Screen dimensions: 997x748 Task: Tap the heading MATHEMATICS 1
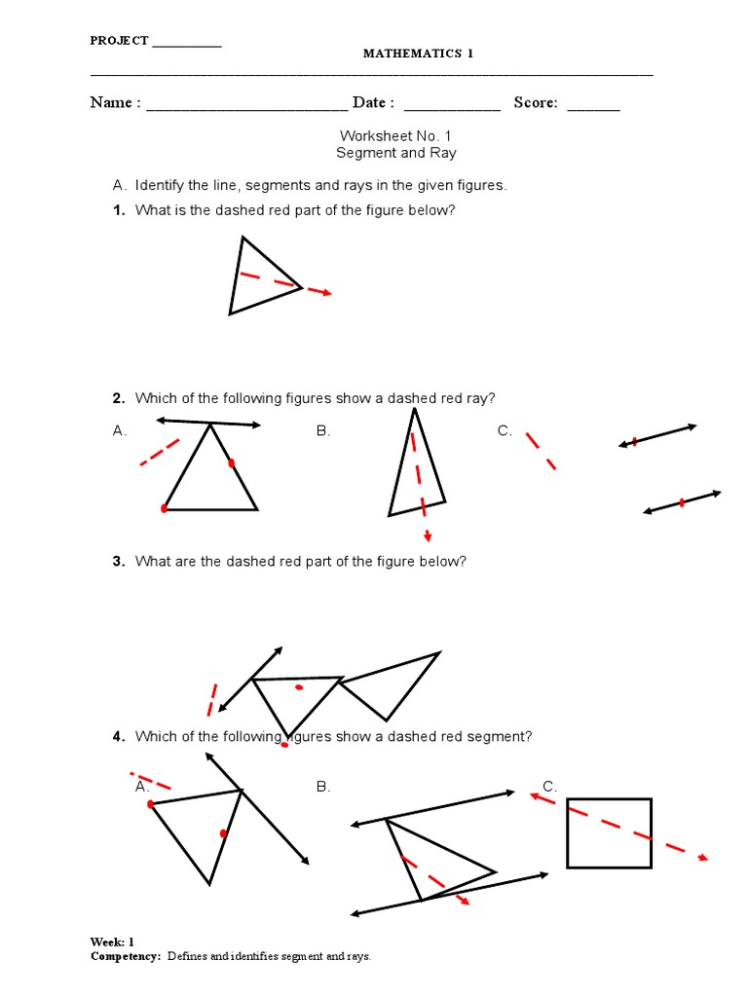coord(418,54)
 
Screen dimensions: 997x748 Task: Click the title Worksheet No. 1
coord(396,135)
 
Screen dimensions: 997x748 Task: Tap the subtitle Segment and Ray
coord(396,153)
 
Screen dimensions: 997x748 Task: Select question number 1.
coord(118,211)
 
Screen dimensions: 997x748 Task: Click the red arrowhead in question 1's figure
coord(327,292)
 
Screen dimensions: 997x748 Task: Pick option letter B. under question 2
coord(323,430)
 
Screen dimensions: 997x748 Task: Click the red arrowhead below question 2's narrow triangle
coord(428,535)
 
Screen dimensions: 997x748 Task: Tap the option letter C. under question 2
coord(505,430)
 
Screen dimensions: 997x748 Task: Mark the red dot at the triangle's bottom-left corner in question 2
coord(165,508)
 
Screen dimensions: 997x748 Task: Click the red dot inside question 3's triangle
coord(299,687)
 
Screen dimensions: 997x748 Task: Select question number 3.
coord(118,562)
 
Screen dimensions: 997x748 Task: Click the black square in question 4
coord(609,832)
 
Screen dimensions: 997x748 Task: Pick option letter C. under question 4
coord(550,786)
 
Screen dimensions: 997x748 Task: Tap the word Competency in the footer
coord(124,957)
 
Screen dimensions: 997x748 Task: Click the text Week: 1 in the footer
coord(112,942)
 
